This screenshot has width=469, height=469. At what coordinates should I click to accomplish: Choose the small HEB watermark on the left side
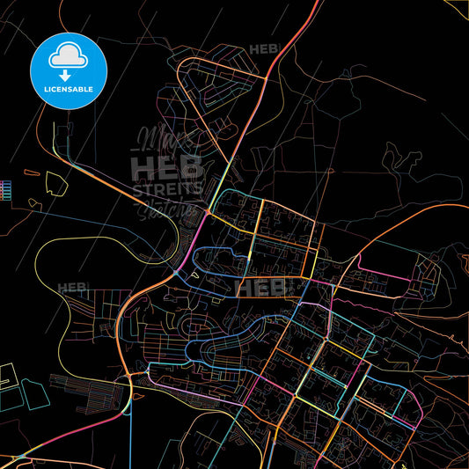pyautogui.click(x=72, y=288)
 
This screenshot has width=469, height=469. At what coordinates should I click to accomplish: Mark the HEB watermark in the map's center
pyautogui.click(x=266, y=288)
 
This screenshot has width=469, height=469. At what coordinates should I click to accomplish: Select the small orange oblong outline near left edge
pyautogui.click(x=33, y=203)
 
